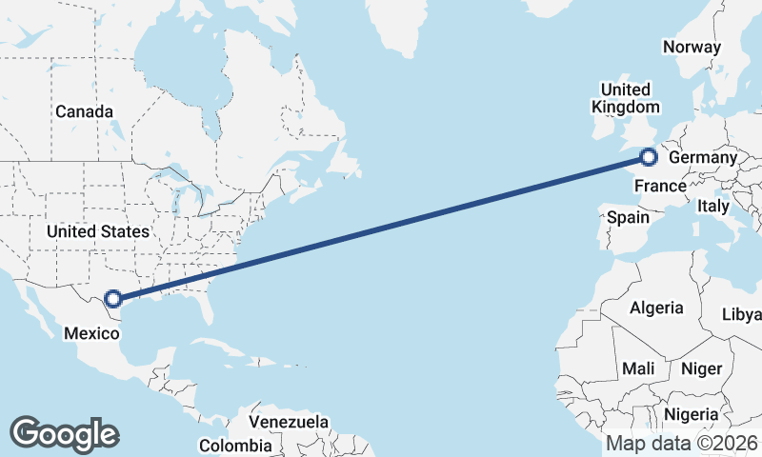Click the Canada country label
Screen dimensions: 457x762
click(x=84, y=111)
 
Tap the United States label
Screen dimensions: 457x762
click(x=98, y=231)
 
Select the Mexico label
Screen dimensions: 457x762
click(x=91, y=332)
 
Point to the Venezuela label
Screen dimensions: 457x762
click(x=289, y=421)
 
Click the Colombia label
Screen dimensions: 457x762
click(x=235, y=445)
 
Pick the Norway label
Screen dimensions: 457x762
click(x=692, y=47)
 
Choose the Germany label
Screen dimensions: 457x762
click(x=703, y=158)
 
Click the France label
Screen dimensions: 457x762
click(x=660, y=185)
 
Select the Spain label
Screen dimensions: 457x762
click(x=629, y=217)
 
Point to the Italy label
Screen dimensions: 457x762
click(x=713, y=206)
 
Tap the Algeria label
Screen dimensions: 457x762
click(x=656, y=308)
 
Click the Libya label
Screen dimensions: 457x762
click(x=742, y=314)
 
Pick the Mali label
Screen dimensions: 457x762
click(x=638, y=368)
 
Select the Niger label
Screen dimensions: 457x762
click(x=703, y=368)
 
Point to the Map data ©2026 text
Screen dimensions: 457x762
click(x=681, y=443)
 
